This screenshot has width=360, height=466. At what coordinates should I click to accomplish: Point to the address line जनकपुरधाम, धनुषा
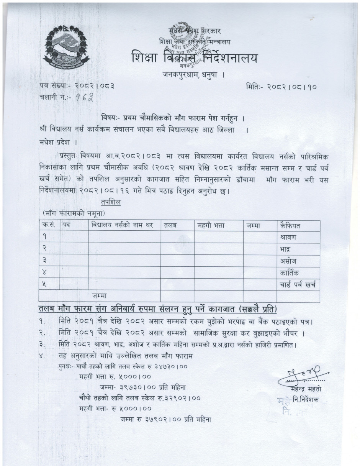pos(192,75)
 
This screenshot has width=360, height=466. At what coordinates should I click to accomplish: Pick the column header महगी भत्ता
pos(211,226)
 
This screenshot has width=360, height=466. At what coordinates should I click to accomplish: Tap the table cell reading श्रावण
pos(288,237)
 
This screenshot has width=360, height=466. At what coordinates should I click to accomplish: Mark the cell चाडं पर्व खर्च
pos(298,285)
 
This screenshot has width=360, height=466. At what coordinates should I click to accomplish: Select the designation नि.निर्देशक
pos(308,400)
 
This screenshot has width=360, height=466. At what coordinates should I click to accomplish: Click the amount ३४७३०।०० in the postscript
pos(167,366)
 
